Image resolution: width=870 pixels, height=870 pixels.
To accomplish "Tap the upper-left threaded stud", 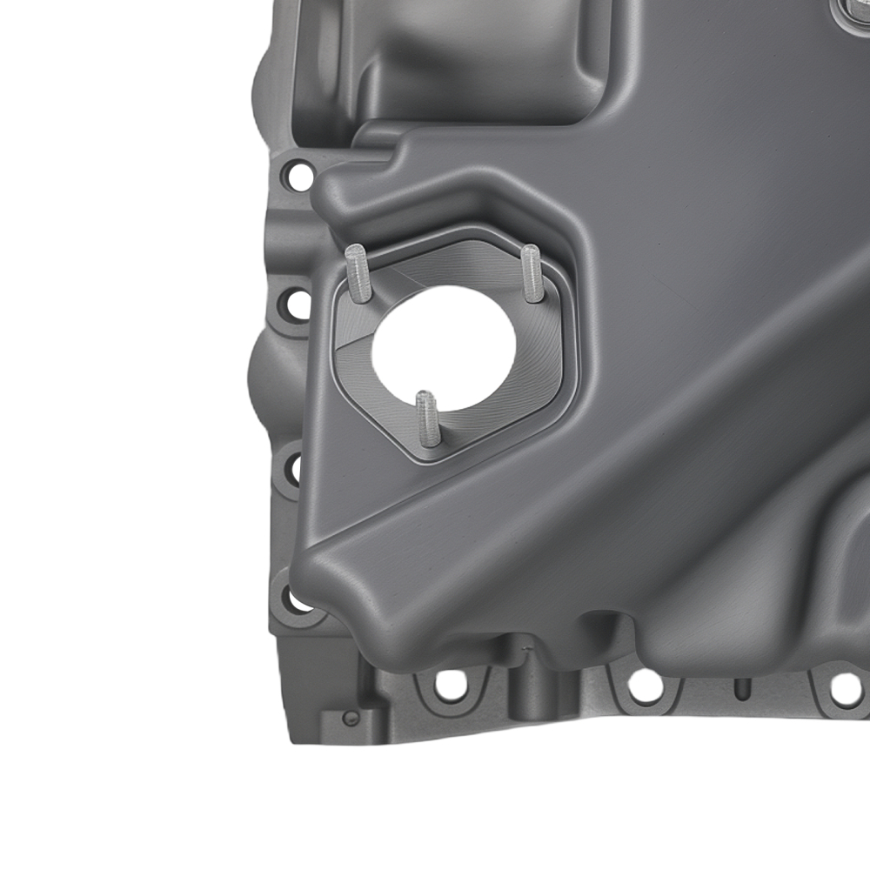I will coord(358,272).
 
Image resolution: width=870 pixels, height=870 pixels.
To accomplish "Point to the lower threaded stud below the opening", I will coord(427,418).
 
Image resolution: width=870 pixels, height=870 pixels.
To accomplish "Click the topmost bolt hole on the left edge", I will coord(299,177).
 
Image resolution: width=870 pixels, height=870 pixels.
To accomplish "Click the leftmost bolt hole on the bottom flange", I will coord(450,685).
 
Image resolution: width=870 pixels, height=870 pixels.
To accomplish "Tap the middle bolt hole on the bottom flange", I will coord(646,686).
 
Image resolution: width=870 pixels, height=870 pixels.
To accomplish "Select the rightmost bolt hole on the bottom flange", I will coord(845,688).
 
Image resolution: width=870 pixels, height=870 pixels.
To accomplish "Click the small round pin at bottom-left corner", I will coord(350,718).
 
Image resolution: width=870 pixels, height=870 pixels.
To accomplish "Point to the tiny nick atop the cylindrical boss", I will coord(525,648).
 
